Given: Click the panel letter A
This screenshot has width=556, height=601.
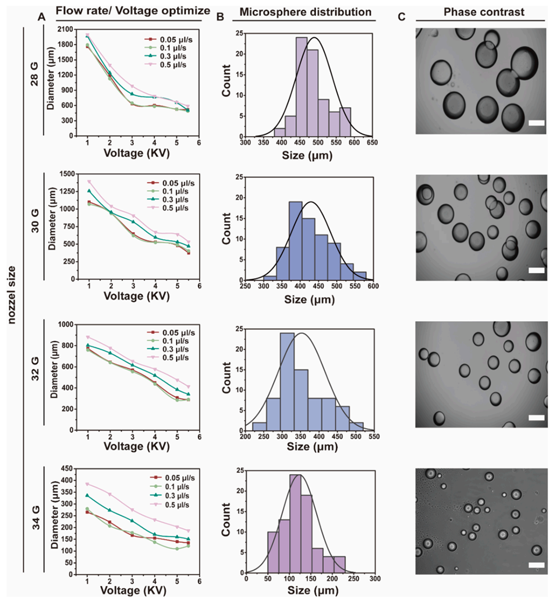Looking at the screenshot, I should tap(41, 17).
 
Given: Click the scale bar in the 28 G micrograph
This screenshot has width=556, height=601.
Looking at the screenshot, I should tap(537, 123).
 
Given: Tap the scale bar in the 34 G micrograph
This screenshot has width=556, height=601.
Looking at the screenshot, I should tap(537, 564).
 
